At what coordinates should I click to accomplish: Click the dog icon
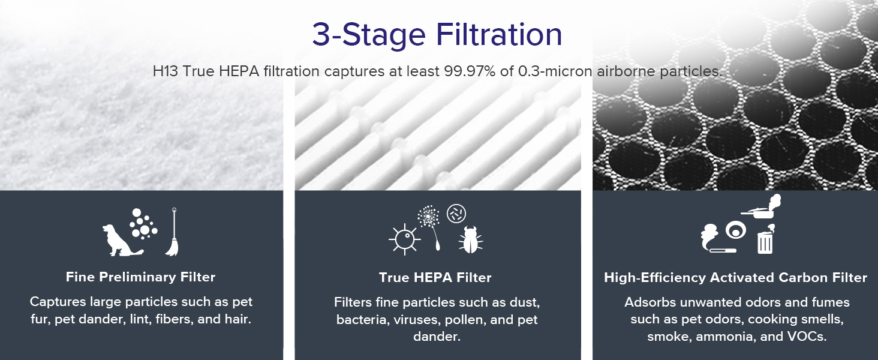click(x=118, y=240)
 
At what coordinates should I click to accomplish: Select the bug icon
click(x=470, y=239)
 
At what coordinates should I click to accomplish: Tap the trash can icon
click(x=765, y=241)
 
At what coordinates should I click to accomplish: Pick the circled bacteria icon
click(x=456, y=214)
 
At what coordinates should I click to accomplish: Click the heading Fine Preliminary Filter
click(x=140, y=277)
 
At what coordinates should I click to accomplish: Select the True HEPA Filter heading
click(x=435, y=278)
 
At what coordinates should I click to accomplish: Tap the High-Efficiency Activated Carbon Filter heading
click(x=735, y=278)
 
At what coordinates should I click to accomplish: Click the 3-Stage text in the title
click(x=361, y=35)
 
